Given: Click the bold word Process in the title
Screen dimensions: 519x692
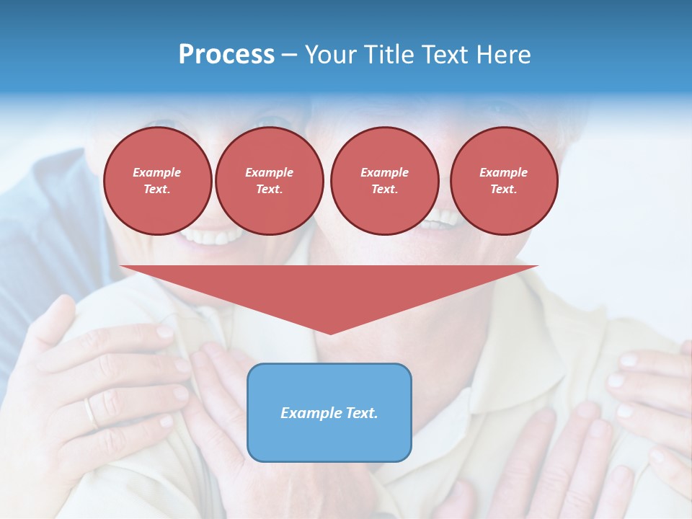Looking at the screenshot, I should [x=226, y=55].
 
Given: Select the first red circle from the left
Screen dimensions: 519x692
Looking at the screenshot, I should [x=158, y=181].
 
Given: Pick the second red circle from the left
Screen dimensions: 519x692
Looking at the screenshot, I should [x=270, y=181].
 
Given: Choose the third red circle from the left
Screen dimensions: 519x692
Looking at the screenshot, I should [x=385, y=181].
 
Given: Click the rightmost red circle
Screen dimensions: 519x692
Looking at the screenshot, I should [x=504, y=181].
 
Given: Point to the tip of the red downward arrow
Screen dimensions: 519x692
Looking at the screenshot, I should [x=330, y=333].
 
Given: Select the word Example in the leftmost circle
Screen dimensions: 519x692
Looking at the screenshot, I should [x=157, y=172].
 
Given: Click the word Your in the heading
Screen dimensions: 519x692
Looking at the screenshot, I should [x=332, y=55].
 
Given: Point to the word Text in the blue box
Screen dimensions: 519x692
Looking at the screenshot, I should [x=363, y=413].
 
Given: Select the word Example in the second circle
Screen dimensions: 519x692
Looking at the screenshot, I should [x=270, y=172].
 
